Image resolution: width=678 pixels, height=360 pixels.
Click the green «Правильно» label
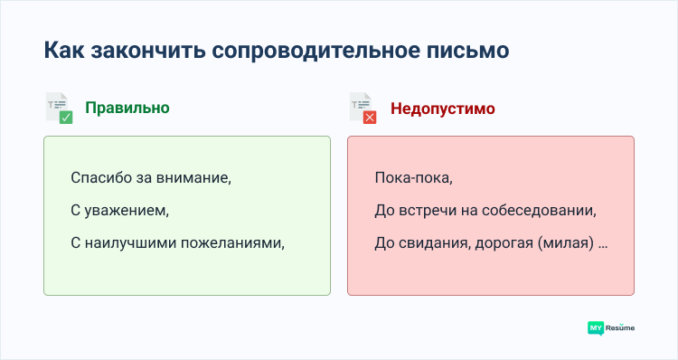coord(127,108)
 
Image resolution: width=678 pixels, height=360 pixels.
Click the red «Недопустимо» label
coord(442,109)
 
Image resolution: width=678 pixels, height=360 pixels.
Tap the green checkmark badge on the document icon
coord(66,117)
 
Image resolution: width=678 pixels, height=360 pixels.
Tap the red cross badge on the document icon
coord(370,118)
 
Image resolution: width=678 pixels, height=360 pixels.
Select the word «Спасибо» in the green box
coord(99,178)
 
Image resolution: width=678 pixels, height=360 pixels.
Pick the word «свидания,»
coord(431,243)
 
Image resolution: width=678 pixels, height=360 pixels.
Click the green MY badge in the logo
coord(596,327)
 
